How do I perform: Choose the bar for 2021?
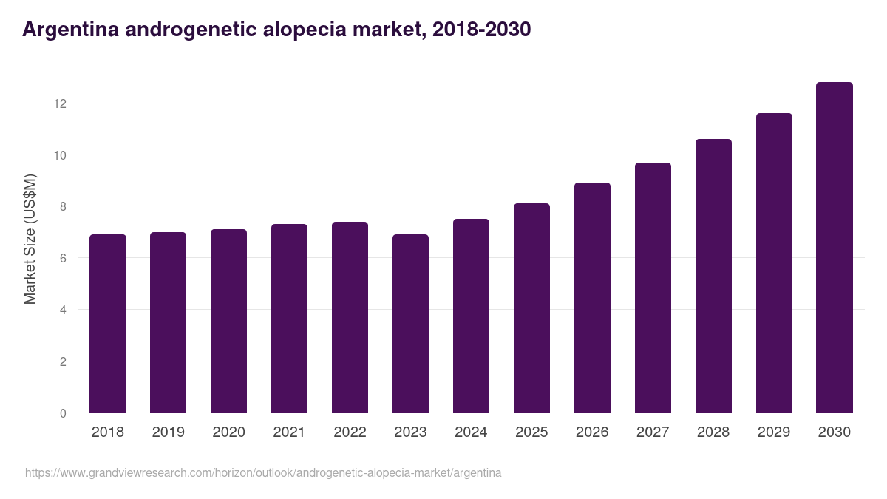pyautogui.click(x=289, y=319)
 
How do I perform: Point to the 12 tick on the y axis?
pyautogui.click(x=60, y=103)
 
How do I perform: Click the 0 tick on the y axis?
pyautogui.click(x=63, y=413)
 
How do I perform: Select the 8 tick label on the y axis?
pyautogui.click(x=63, y=207)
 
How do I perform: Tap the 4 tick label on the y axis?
pyautogui.click(x=63, y=310)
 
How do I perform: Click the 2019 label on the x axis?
pyautogui.click(x=169, y=432)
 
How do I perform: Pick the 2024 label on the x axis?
pyautogui.click(x=471, y=432)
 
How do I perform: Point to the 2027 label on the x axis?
pyautogui.click(x=653, y=432)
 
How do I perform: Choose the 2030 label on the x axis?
pyautogui.click(x=835, y=432)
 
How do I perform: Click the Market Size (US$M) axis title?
pyautogui.click(x=30, y=239)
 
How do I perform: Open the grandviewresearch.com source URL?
pyautogui.click(x=263, y=472)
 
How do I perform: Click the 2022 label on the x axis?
pyautogui.click(x=350, y=432)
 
